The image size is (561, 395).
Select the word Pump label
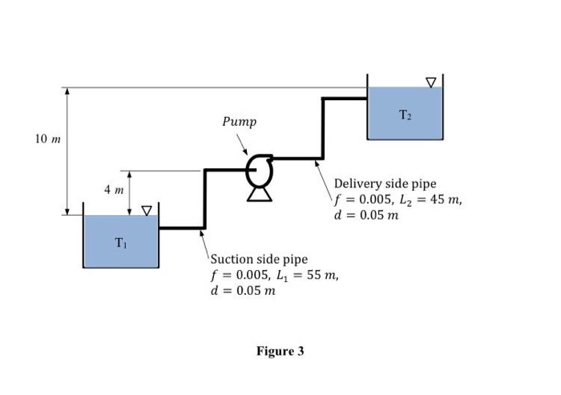click(240, 122)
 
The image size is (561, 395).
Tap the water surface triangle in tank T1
click(147, 211)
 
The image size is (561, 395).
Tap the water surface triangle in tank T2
click(431, 82)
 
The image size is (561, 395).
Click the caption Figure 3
click(280, 351)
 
